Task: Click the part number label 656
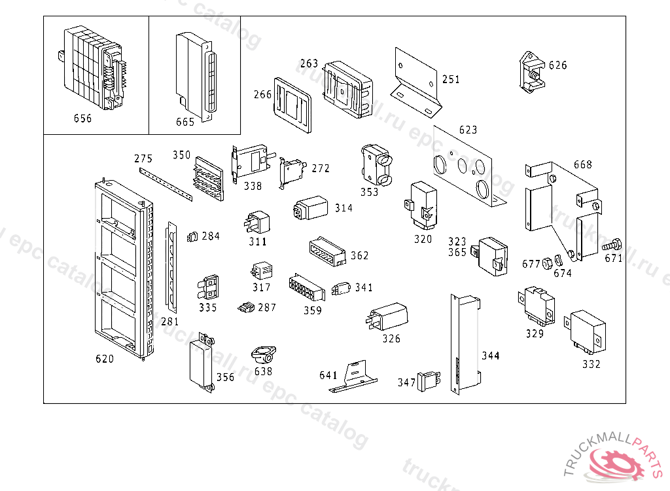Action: pyautogui.click(x=82, y=118)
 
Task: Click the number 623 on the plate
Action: pyautogui.click(x=468, y=130)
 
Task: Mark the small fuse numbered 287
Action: pyautogui.click(x=247, y=306)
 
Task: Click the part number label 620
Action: pyautogui.click(x=105, y=359)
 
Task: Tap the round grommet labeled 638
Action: pyautogui.click(x=263, y=356)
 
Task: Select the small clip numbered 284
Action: pyautogui.click(x=192, y=236)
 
